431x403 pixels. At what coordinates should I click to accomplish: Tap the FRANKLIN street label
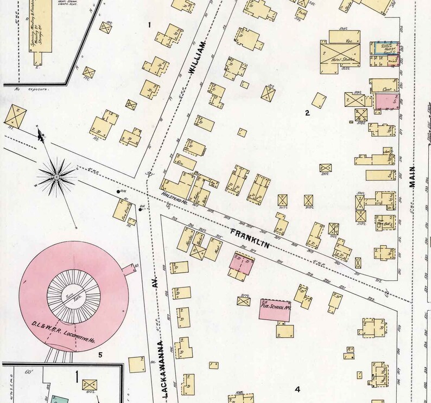pyautogui.click(x=248, y=237)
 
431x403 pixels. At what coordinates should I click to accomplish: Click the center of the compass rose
pyautogui.click(x=56, y=177)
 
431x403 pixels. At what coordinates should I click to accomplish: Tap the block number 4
pyautogui.click(x=297, y=389)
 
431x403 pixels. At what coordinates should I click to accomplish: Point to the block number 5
pyautogui.click(x=100, y=355)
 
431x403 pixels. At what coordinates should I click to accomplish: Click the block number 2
pyautogui.click(x=307, y=113)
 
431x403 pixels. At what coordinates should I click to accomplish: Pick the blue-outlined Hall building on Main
pyautogui.click(x=385, y=48)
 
